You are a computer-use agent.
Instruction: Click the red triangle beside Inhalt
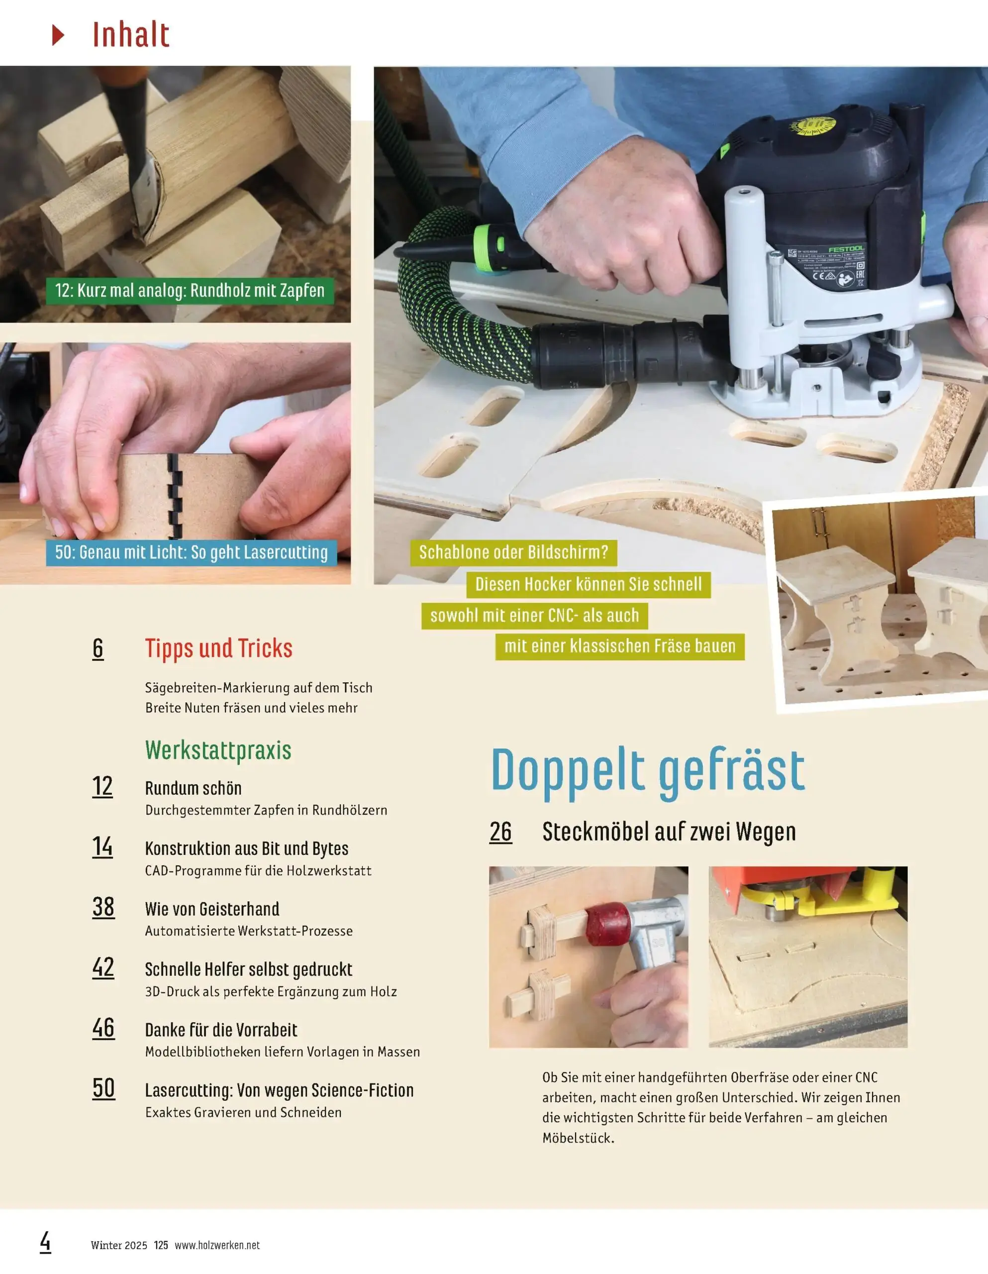pyautogui.click(x=57, y=35)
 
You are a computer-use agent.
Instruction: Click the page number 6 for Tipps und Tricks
pyautogui.click(x=98, y=648)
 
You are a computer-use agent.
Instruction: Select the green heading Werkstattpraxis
pyautogui.click(x=218, y=750)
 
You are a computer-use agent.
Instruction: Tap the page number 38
pyautogui.click(x=103, y=907)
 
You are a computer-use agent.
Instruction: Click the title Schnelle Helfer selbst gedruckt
pyautogui.click(x=248, y=969)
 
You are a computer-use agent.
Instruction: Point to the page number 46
pyautogui.click(x=103, y=1028)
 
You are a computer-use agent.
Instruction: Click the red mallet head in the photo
pyautogui.click(x=608, y=924)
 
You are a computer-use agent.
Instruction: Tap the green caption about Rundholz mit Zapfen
pyautogui.click(x=190, y=291)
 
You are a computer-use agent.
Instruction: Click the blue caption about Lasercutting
pyautogui.click(x=192, y=552)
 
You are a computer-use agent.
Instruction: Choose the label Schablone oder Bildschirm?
pyautogui.click(x=513, y=552)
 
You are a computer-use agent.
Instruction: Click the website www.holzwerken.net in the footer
pyautogui.click(x=217, y=1245)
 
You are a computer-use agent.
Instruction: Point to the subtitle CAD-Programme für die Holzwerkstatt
pyautogui.click(x=258, y=871)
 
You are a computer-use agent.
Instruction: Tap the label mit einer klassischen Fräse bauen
pyautogui.click(x=619, y=646)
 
